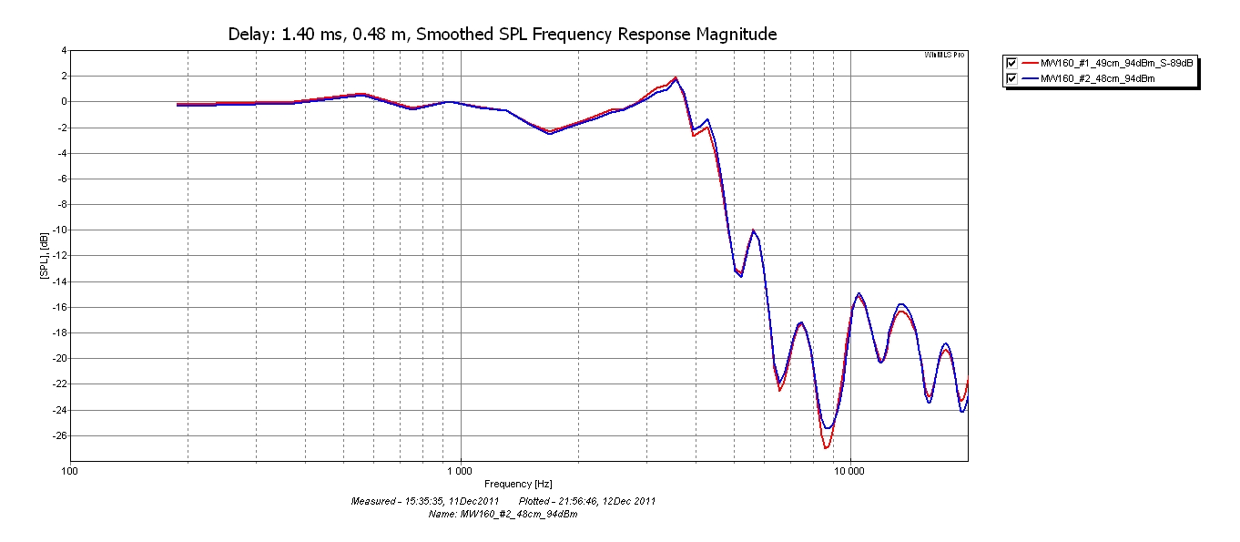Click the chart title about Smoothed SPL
502,35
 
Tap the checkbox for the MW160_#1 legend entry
1011,63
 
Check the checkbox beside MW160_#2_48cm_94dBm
1011,79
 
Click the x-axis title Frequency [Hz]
518,484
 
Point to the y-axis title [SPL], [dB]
44,255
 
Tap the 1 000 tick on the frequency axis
460,472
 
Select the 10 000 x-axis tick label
849,472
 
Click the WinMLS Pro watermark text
944,56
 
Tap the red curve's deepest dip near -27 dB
826,448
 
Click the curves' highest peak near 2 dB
676,77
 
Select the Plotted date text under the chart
586,501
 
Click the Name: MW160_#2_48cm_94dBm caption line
503,514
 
